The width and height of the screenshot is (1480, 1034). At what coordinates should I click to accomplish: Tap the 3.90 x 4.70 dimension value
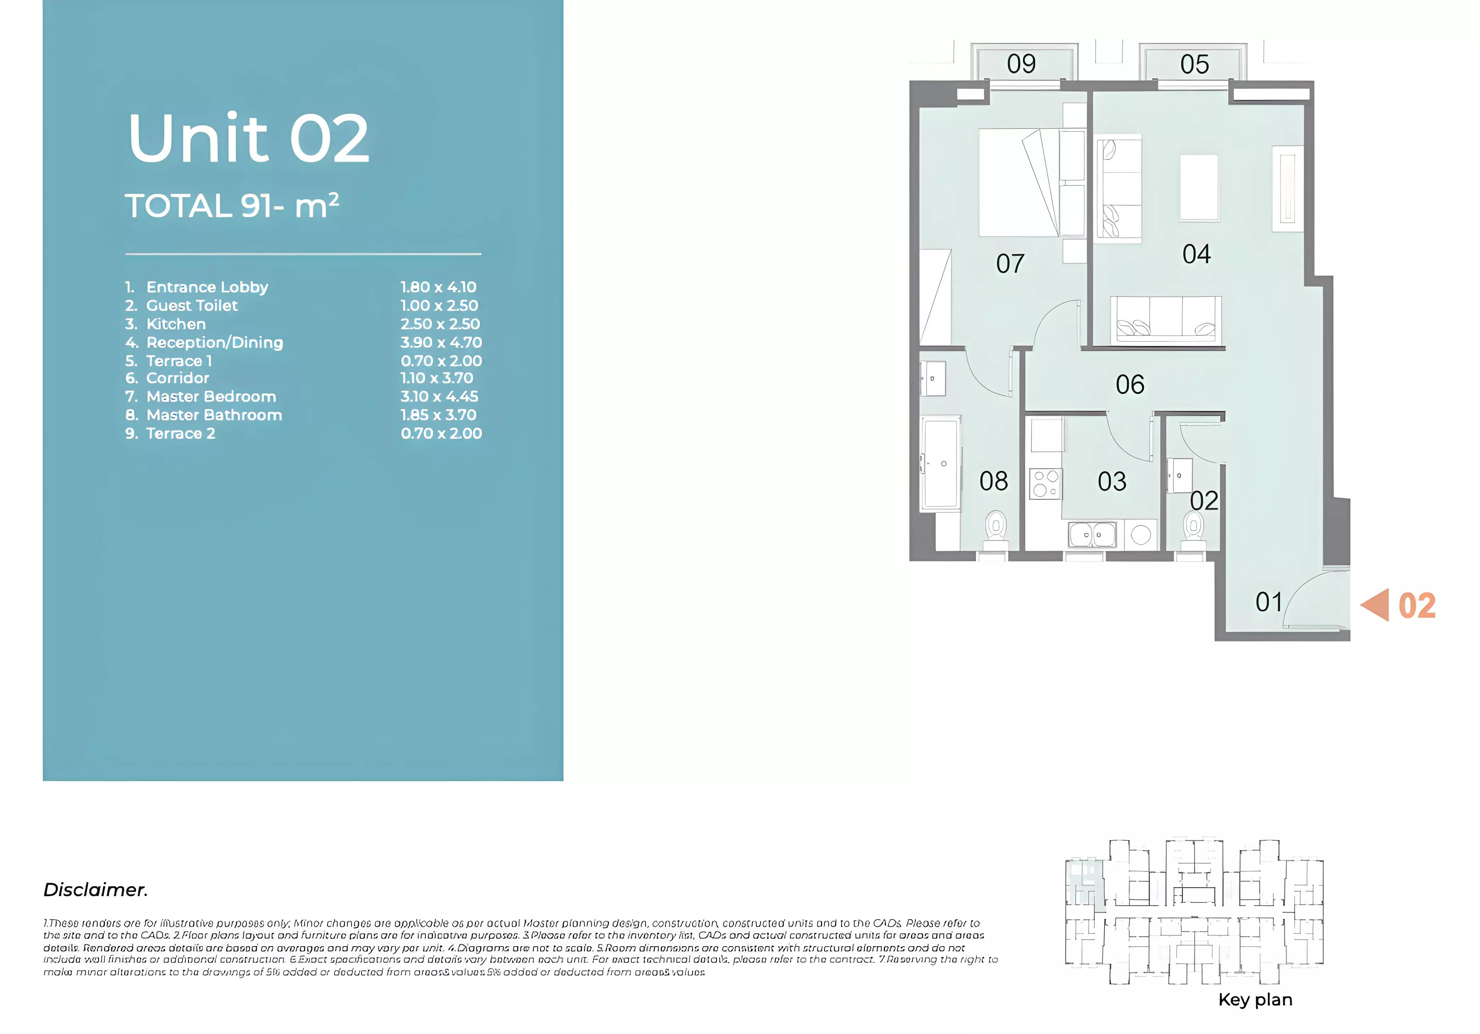click(441, 342)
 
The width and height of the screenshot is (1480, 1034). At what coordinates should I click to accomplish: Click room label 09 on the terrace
click(1021, 64)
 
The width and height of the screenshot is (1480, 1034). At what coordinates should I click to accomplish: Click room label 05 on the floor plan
click(1194, 65)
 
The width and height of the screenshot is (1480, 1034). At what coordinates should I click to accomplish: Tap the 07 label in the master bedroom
click(1010, 264)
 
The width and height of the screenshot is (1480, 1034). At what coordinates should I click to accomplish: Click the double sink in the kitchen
click(1092, 534)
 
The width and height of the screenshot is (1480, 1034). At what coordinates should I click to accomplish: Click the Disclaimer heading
click(96, 889)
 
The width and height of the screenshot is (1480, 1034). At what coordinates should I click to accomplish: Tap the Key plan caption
click(1255, 1000)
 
